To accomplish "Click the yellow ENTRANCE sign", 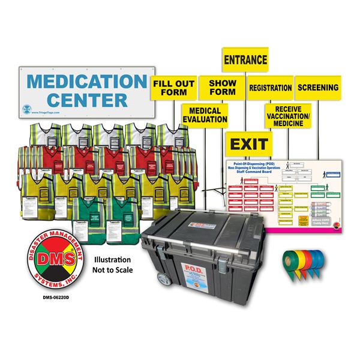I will click(x=245, y=61).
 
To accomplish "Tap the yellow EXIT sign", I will click(x=248, y=145).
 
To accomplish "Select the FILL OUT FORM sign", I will click(x=173, y=88).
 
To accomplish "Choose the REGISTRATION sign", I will click(x=270, y=88).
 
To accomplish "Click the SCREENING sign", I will click(x=317, y=88).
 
